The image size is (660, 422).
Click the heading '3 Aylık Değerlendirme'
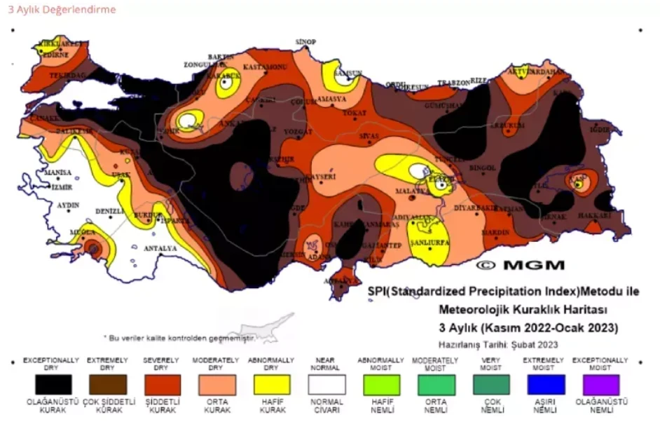[x=62, y=10]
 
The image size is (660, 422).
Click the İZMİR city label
[x=61, y=187]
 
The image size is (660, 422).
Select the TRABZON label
[x=453, y=83]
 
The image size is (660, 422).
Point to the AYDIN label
[x=68, y=205]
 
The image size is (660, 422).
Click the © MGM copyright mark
[x=520, y=265]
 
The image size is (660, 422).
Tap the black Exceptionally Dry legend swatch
[x=53, y=385]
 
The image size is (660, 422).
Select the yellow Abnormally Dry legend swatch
[x=271, y=385]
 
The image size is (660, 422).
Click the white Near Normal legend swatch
[x=326, y=385]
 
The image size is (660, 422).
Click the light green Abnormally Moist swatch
[x=380, y=385]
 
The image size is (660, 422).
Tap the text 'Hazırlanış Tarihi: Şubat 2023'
[x=497, y=344]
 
